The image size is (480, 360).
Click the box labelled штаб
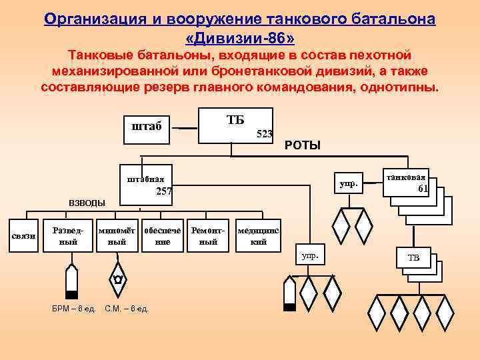(x=147, y=126)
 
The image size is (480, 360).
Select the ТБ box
(x=236, y=125)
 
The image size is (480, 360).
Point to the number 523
(x=265, y=134)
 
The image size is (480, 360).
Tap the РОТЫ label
(x=303, y=145)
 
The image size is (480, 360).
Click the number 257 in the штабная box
(x=164, y=191)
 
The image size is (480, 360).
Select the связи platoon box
(x=23, y=236)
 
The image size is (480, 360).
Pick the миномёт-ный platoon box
(x=117, y=235)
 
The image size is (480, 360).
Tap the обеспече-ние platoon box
(x=162, y=235)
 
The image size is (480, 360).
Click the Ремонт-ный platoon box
(x=209, y=235)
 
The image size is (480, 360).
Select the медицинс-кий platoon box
(x=258, y=235)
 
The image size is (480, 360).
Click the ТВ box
(x=413, y=258)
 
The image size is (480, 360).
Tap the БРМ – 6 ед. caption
(x=74, y=308)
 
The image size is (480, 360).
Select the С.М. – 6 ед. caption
(x=127, y=308)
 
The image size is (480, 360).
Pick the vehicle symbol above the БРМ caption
(x=71, y=281)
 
